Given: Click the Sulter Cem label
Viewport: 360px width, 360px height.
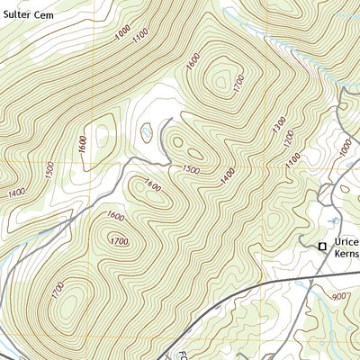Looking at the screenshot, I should coord(27,15).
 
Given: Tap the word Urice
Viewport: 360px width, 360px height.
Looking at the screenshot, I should coord(345,244).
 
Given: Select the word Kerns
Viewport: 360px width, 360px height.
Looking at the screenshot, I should coord(346,257).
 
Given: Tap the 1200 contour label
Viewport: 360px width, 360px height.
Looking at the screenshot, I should coord(289,139).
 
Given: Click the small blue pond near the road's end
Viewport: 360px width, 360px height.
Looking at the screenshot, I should coord(146,134).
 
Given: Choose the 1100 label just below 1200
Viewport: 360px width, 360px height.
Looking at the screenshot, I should coord(292,159).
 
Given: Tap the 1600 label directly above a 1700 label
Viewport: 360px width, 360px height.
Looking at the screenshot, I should coord(114,216).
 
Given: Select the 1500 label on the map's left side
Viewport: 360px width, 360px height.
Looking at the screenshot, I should coord(49,170).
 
